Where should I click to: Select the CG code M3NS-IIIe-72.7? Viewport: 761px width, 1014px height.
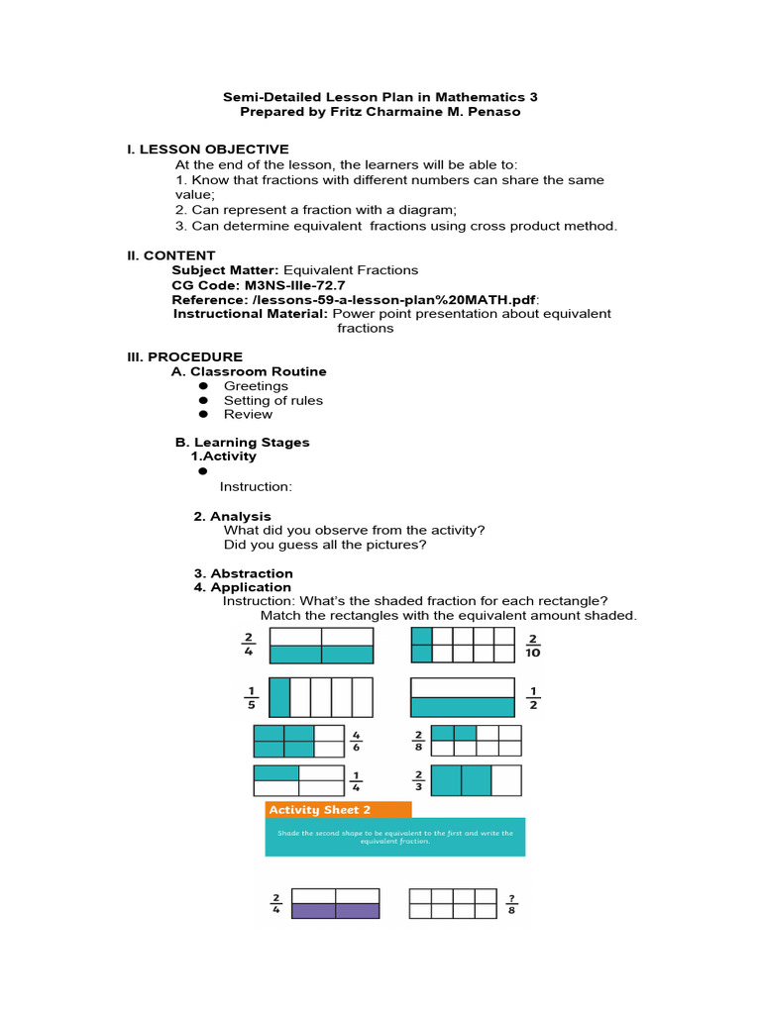pyautogui.click(x=295, y=284)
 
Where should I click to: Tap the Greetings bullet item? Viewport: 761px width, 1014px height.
pyautogui.click(x=256, y=386)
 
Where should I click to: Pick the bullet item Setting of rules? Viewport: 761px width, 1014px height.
pyautogui.click(x=272, y=400)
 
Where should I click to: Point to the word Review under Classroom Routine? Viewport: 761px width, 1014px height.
pyautogui.click(x=248, y=414)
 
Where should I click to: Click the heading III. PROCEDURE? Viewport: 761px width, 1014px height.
pyautogui.click(x=184, y=356)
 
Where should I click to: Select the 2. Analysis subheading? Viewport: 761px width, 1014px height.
pyautogui.click(x=232, y=516)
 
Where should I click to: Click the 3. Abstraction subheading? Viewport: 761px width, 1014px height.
pyautogui.click(x=243, y=573)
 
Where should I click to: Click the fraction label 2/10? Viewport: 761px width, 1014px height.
pyautogui.click(x=533, y=646)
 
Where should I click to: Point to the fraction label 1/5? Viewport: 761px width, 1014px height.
pyautogui.click(x=251, y=697)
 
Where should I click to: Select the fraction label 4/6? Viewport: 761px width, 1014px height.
pyautogui.click(x=356, y=742)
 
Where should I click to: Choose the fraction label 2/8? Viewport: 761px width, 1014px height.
pyautogui.click(x=418, y=742)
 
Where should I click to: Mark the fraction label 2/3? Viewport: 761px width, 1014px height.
pyautogui.click(x=418, y=780)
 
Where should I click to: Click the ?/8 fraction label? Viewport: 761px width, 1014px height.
pyautogui.click(x=511, y=903)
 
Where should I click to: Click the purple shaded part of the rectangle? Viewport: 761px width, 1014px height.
pyautogui.click(x=335, y=911)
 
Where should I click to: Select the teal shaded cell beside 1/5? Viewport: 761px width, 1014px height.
pyautogui.click(x=280, y=697)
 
